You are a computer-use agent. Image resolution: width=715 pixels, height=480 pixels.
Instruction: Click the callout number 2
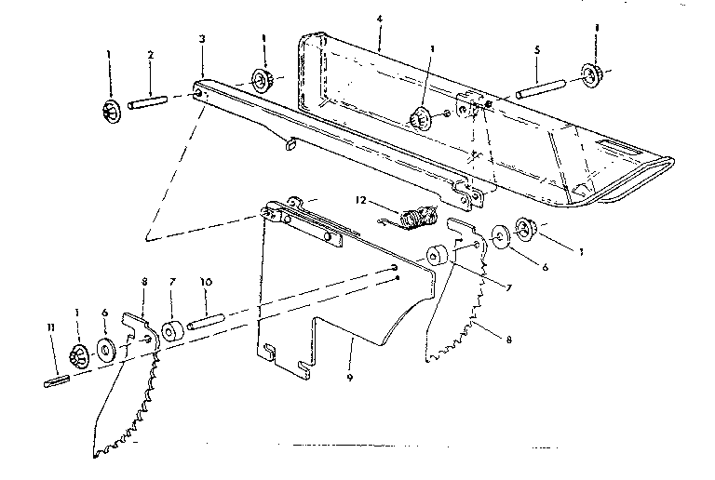(x=151, y=55)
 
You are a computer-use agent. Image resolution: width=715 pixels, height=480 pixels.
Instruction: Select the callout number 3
(x=202, y=39)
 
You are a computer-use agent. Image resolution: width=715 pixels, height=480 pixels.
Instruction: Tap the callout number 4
(x=380, y=20)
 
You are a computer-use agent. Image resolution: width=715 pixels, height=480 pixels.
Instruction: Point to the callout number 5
(x=537, y=49)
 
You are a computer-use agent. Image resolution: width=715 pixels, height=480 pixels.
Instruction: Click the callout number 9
(x=350, y=378)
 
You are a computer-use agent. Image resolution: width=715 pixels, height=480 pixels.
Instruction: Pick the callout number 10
(x=206, y=283)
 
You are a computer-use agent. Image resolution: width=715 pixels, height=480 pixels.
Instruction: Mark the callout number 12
(x=360, y=200)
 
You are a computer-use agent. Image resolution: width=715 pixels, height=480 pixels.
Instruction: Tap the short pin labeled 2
(x=148, y=101)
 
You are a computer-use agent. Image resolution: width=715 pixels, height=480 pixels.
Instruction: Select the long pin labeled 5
(x=541, y=88)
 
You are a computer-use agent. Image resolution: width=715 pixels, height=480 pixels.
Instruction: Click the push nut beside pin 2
(x=111, y=112)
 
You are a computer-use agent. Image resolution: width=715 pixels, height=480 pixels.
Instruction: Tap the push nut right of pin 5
(x=591, y=75)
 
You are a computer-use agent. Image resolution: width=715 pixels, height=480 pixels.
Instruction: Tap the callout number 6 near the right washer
(x=545, y=268)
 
